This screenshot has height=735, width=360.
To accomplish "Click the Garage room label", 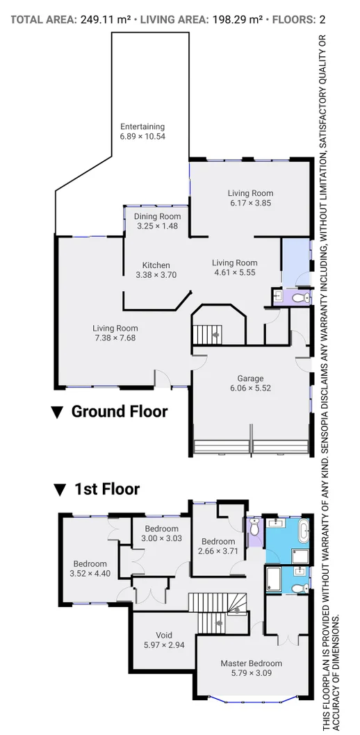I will [x=250, y=379].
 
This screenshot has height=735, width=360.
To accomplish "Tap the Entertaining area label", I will [x=142, y=126].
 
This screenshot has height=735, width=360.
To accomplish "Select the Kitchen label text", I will [x=156, y=265].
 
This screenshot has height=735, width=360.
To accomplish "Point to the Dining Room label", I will [x=157, y=216].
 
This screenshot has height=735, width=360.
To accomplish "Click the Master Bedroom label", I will [x=251, y=663].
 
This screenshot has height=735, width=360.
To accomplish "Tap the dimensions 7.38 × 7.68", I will [x=115, y=338].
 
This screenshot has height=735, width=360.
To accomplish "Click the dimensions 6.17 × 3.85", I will [x=250, y=203].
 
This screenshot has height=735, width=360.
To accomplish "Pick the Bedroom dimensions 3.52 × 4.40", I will [x=90, y=574].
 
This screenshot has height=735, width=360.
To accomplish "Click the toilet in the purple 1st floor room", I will [x=254, y=529].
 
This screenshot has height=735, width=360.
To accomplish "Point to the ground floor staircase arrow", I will [x=217, y=335].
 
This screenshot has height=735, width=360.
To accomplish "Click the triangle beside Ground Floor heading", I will [x=57, y=413].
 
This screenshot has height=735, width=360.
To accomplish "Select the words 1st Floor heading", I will [x=107, y=489].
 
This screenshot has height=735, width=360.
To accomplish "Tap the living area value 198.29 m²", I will [x=236, y=19].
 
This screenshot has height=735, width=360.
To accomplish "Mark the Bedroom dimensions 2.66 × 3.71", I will [x=218, y=552].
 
